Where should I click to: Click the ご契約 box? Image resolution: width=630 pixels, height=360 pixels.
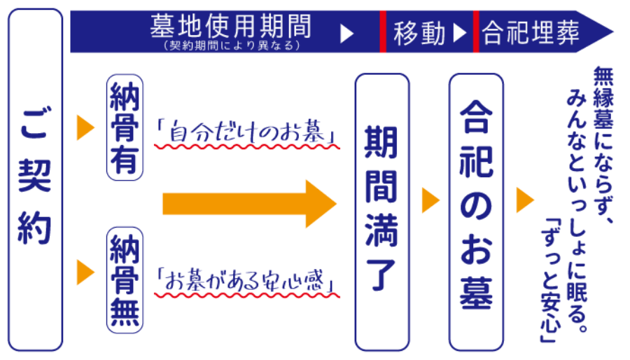pos(35,179)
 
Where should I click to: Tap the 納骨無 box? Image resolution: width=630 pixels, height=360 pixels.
pos(125,279)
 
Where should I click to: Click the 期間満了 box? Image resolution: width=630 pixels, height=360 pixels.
pos(381,210)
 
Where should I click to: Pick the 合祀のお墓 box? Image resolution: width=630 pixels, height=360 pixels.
pos(476,210)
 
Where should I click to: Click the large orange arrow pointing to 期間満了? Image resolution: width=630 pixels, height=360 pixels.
pos(249,203)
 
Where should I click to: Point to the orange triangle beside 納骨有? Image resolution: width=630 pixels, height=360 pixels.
pos(85,127)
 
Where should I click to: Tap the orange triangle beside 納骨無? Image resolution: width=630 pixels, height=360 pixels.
pos(85,272)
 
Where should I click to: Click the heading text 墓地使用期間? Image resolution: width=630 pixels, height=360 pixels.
pos(230,27)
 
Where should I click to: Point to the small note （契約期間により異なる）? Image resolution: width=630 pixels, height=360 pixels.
pos(230,46)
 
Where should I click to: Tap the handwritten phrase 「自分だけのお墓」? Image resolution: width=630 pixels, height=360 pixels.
pos(246,132)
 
